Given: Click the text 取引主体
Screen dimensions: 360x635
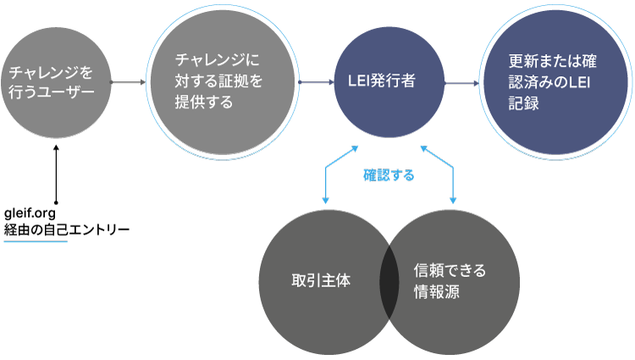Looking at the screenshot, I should [x=316, y=280].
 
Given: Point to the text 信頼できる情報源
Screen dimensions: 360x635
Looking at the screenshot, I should [x=450, y=280].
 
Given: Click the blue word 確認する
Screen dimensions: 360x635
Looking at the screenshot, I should [x=389, y=175].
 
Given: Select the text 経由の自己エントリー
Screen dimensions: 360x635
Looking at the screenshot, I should [x=66, y=228].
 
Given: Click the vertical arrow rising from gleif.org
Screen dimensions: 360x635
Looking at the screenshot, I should [x=56, y=174].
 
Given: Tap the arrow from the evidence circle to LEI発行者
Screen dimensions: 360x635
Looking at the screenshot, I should [x=317, y=82].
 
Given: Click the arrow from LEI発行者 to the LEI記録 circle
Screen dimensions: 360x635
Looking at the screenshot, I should [x=462, y=82].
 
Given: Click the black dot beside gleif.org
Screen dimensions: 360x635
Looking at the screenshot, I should [x=56, y=202].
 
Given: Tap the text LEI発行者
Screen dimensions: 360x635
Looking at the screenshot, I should [x=383, y=82].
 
